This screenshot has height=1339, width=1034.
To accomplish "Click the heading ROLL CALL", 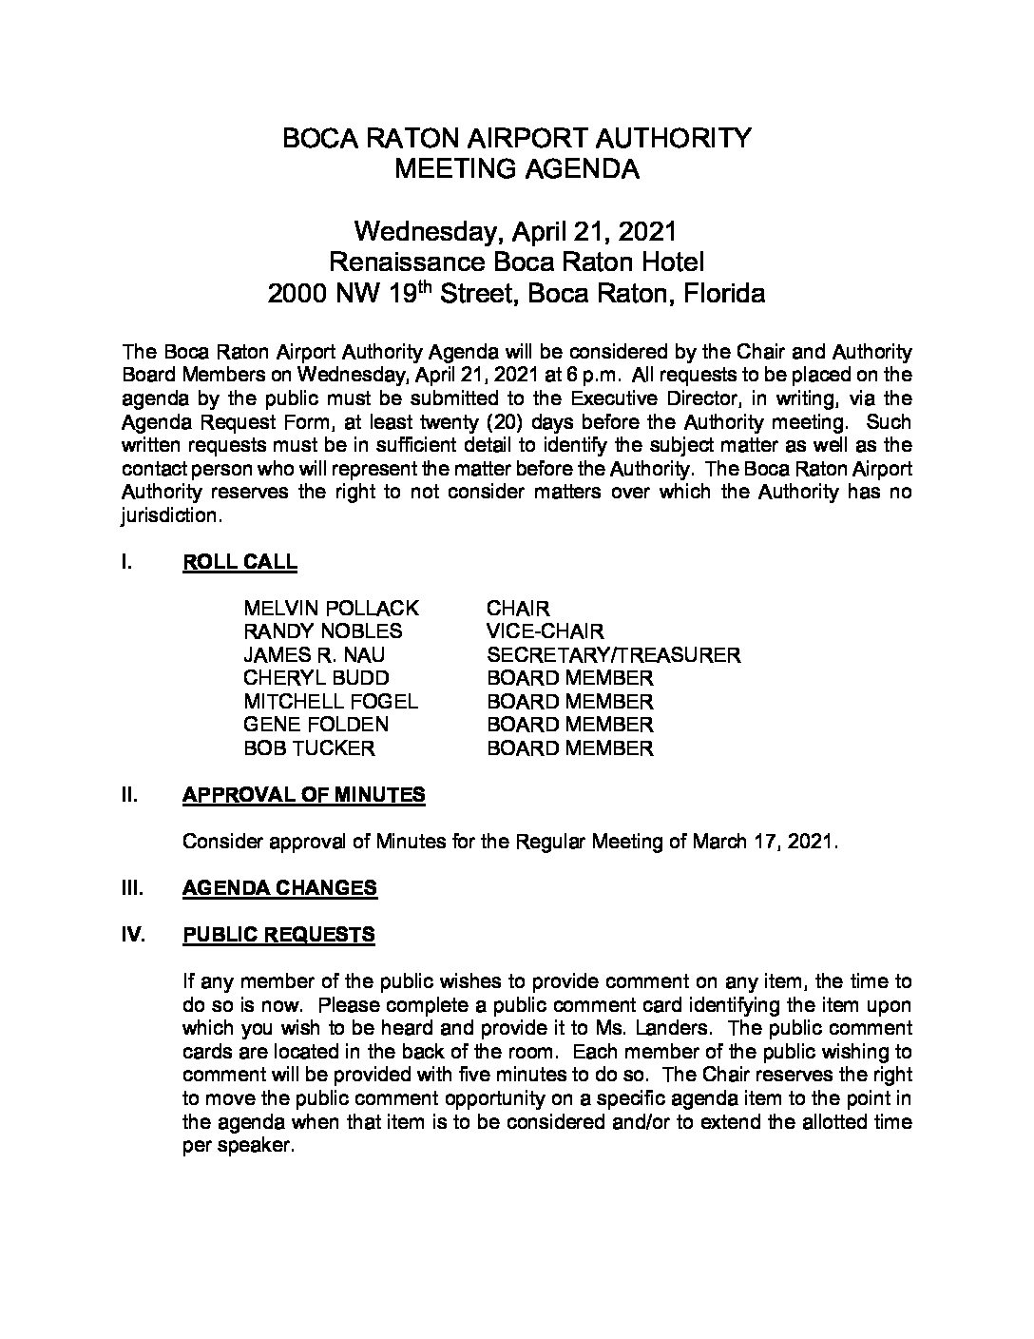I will coord(239,562).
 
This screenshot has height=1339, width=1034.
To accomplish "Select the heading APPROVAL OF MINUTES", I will coord(303,795).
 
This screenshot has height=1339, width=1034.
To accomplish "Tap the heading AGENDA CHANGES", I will coord(279,888).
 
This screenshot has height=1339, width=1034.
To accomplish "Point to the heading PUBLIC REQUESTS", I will coord(278,935).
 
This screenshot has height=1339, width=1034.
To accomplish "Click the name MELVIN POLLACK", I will coord(331,609).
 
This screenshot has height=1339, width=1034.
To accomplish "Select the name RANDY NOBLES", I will coord(322,631).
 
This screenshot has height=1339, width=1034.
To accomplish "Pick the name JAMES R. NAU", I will coord(314,655).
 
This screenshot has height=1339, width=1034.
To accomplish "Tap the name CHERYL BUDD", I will coord(316,679).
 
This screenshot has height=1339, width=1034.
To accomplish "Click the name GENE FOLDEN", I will coord(316,725).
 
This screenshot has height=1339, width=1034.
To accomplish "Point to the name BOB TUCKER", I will coord(309,748).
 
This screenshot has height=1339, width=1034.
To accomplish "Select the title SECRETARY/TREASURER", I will coord(613,655).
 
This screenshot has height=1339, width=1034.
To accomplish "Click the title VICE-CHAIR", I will coord(545,631).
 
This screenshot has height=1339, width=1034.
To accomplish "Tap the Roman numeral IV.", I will coord(133,935).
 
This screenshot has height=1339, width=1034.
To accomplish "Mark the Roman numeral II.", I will coord(130,795).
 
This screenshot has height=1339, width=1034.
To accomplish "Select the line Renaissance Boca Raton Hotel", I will coord(516,262).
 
